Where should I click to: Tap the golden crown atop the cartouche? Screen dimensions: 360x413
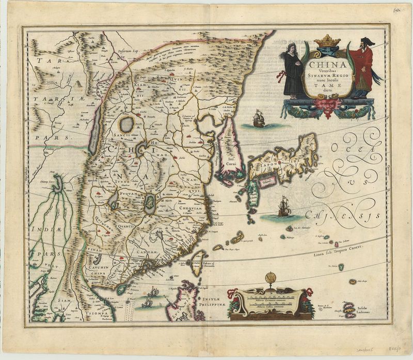click(327, 41)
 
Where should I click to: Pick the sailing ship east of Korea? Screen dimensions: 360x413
click(258, 120)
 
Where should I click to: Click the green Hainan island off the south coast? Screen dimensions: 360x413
click(121, 288)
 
